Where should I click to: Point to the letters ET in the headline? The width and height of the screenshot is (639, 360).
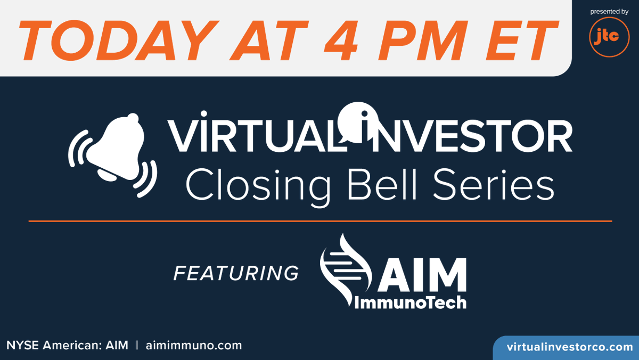[517, 38]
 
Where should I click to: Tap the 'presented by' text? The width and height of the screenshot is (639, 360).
[609, 11]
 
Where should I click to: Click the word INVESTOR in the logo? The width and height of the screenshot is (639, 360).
[461, 137]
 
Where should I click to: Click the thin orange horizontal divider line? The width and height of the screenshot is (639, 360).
[319, 220]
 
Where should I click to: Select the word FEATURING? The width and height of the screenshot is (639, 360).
[236, 273]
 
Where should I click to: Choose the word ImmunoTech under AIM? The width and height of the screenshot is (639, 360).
[411, 302]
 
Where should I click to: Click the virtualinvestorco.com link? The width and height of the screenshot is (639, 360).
[569, 347]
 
